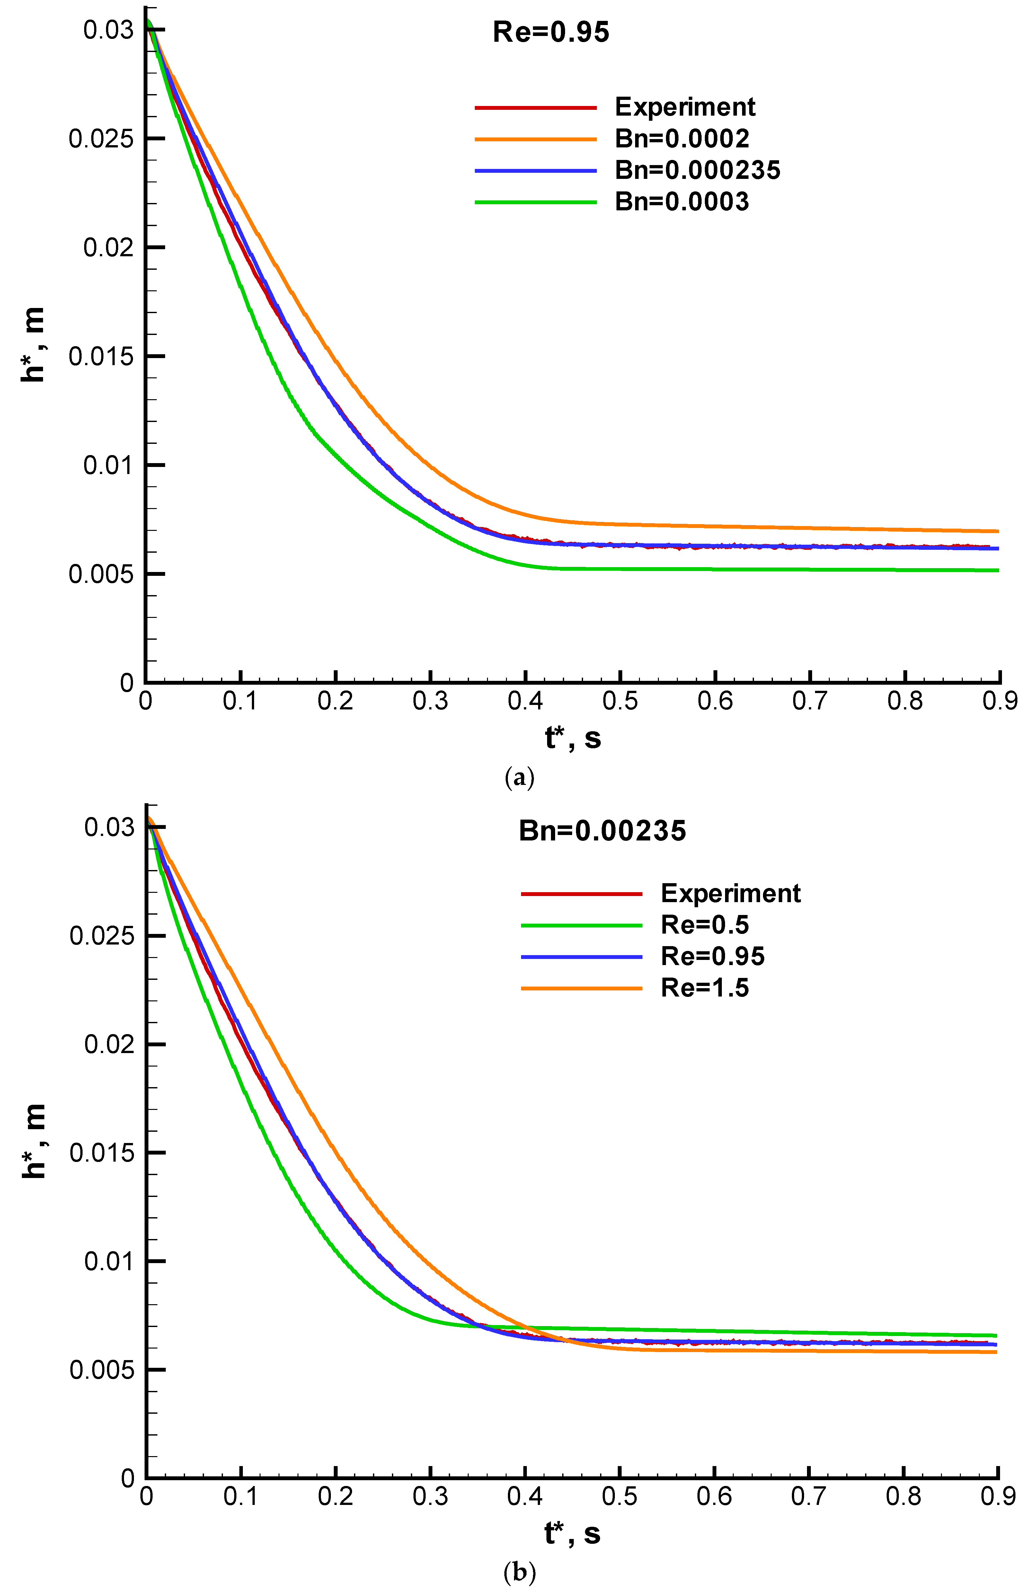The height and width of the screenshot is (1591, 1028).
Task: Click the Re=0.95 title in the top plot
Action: (x=551, y=32)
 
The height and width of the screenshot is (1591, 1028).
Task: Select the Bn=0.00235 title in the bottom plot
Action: (x=602, y=831)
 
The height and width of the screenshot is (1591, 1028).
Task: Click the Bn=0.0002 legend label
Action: (x=682, y=139)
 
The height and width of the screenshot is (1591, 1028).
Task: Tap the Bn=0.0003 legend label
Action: (x=682, y=202)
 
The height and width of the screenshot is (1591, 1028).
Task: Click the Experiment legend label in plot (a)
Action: (x=685, y=107)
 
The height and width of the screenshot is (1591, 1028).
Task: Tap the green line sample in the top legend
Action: (x=535, y=202)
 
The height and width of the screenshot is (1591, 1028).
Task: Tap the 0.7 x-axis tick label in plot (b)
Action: (x=809, y=1496)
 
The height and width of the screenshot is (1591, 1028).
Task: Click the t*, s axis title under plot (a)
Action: (x=573, y=738)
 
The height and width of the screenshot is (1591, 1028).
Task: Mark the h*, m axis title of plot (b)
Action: (x=33, y=1141)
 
